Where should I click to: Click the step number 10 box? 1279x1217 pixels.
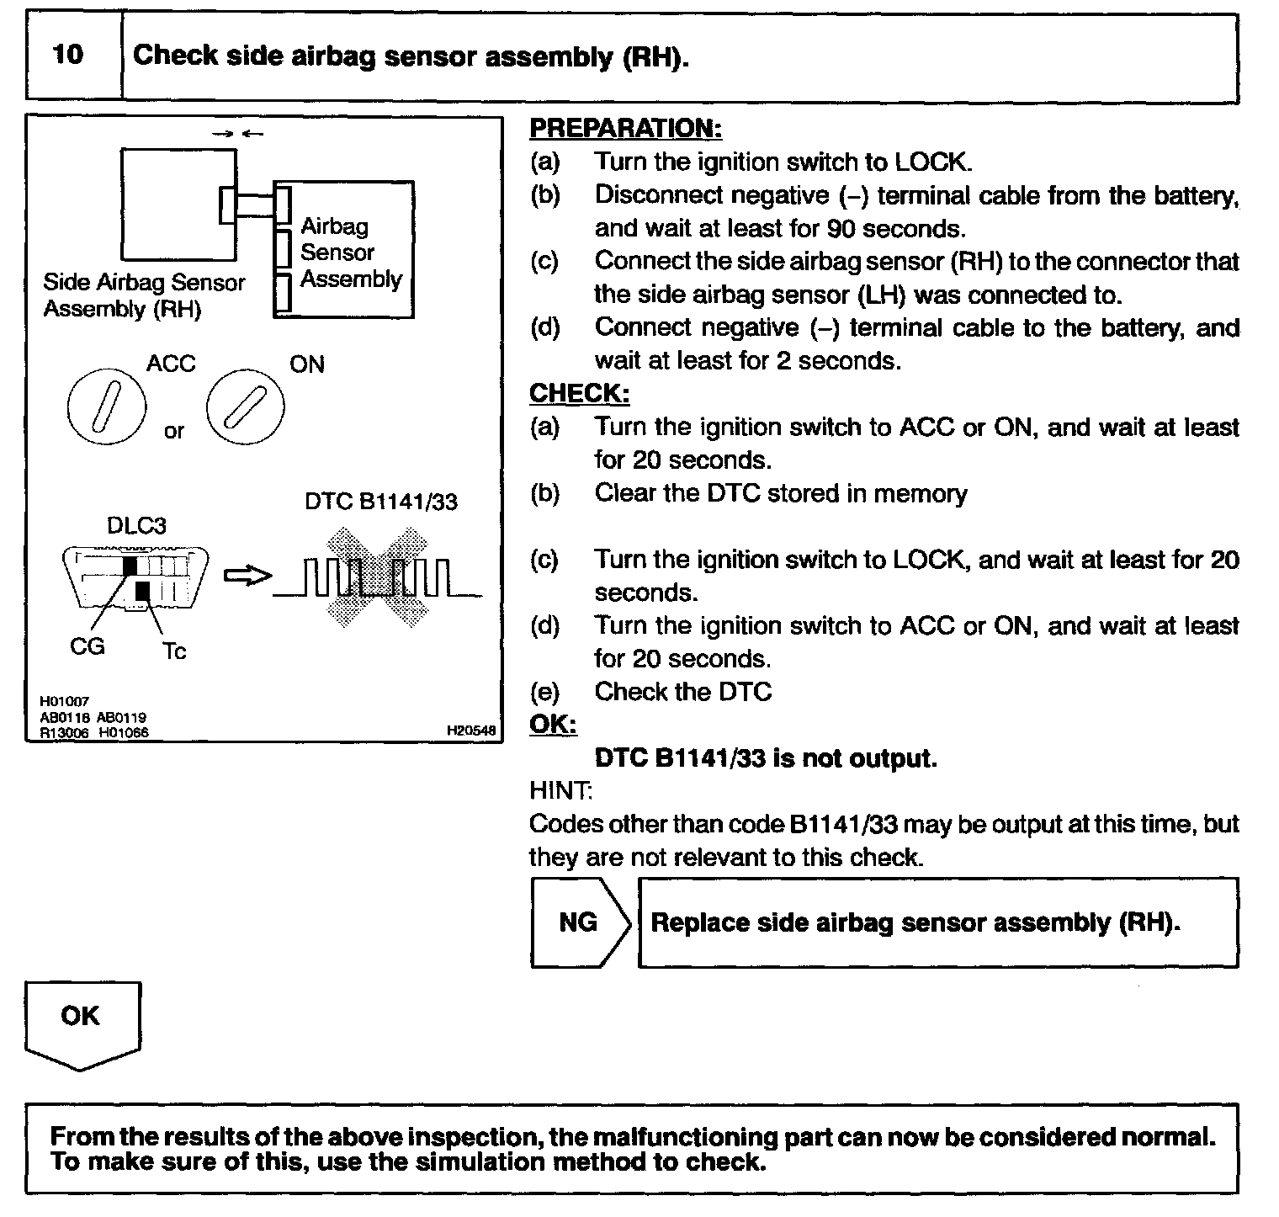(69, 56)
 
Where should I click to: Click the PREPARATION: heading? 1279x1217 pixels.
(625, 128)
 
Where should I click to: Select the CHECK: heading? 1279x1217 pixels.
(579, 393)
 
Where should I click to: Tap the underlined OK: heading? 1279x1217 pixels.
(553, 724)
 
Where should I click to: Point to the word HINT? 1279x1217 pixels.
(560, 790)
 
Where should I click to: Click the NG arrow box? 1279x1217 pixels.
(579, 922)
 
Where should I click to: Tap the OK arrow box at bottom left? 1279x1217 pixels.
(82, 1020)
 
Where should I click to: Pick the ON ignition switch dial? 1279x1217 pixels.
(246, 410)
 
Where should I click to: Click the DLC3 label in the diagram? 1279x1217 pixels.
(136, 526)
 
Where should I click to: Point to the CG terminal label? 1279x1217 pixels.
(87, 646)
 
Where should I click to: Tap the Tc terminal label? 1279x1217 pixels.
(173, 651)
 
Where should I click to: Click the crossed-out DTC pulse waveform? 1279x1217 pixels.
(376, 577)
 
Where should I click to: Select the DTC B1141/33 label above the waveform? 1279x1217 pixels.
(380, 502)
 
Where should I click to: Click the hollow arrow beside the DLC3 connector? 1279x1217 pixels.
(247, 576)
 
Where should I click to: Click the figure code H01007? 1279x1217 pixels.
(63, 701)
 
